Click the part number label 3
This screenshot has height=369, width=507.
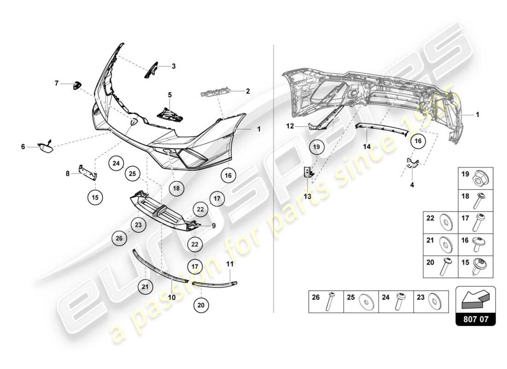(x=174, y=66)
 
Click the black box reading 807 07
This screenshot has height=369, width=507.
(x=476, y=318)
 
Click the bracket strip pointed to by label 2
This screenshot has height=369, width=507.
(x=214, y=94)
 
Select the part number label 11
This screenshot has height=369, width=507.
(x=230, y=264)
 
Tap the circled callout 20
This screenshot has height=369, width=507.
(x=200, y=304)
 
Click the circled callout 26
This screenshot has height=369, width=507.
(x=119, y=238)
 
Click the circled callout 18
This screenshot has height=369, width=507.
(x=177, y=188)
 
